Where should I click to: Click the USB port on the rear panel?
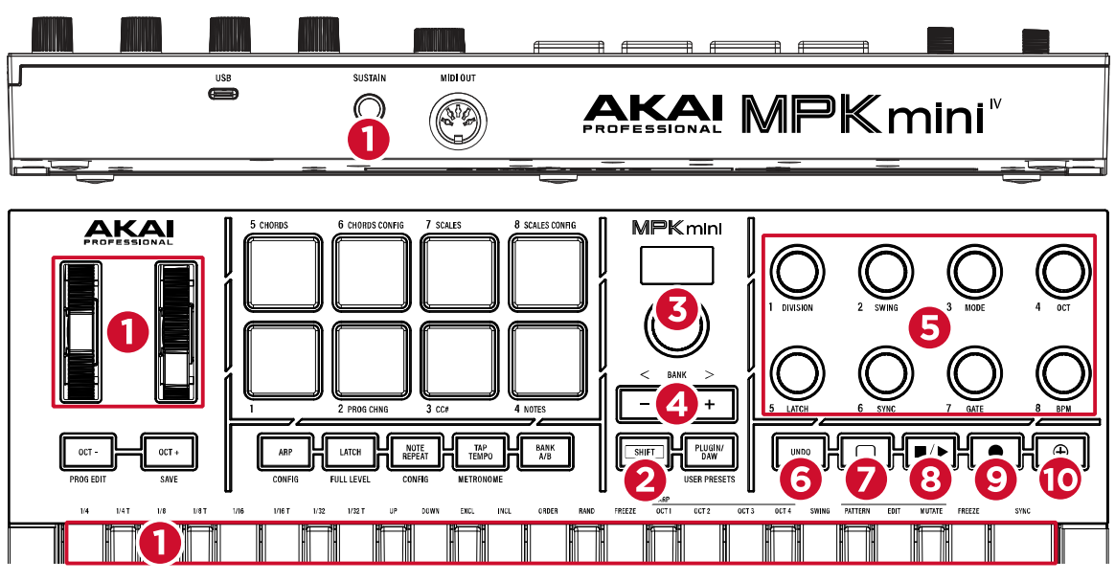click(x=224, y=95)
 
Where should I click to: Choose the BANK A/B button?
click(x=545, y=451)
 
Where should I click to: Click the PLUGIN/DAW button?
click(x=709, y=451)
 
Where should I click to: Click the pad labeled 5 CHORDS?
click(x=283, y=270)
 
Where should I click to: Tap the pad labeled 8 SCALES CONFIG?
click(x=547, y=270)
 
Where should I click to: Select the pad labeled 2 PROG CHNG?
click(x=371, y=360)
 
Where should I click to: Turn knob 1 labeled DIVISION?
click(x=795, y=273)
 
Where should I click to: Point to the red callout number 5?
click(x=928, y=326)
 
